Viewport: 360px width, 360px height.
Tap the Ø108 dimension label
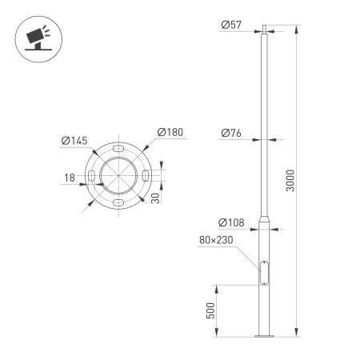tap(231, 222)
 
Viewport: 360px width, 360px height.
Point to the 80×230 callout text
tap(217, 239)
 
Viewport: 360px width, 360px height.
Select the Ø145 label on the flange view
tap(73, 142)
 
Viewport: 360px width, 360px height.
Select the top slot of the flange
tap(118, 150)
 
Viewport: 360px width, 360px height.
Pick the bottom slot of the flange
tap(118, 204)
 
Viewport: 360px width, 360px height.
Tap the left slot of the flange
tap(91, 177)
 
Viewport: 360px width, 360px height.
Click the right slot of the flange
tap(146, 177)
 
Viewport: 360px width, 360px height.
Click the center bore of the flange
tap(118, 177)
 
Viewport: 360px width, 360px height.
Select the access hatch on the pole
tap(263, 272)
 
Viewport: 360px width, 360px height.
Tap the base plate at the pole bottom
tap(263, 336)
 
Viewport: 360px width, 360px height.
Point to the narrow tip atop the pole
tap(263, 30)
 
